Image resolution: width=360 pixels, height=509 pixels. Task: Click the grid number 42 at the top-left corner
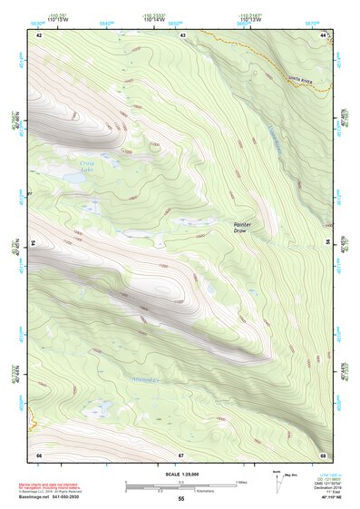click(39, 34)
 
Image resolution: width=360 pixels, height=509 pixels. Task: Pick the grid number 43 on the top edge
click(182, 34)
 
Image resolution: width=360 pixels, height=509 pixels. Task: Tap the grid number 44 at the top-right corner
click(324, 34)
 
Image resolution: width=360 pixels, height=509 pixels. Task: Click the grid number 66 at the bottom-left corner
click(39, 454)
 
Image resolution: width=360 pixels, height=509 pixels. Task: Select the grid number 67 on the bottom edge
click(181, 454)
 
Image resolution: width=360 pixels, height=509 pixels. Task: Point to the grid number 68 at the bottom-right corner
click(323, 454)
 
